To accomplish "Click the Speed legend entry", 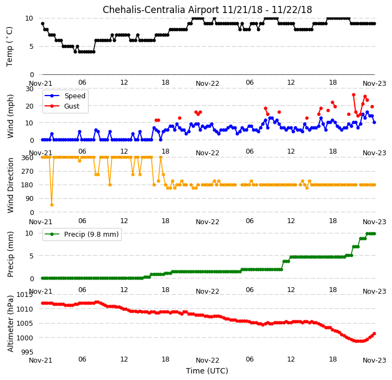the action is (65, 96).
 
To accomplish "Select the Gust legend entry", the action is (62, 106).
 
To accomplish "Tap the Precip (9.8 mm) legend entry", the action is (82, 234).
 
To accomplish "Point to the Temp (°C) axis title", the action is (9, 47).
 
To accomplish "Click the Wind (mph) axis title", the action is (10, 116).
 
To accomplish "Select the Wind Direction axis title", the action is (10, 185).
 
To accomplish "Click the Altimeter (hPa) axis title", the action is (10, 324).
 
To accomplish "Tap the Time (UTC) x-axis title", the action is (207, 371).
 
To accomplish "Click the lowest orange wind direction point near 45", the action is (52, 205).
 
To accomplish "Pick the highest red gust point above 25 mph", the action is (353, 95).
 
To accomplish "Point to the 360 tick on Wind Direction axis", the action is (28, 158).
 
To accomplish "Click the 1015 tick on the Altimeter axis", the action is (24, 295).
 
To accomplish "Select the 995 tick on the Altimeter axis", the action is (27, 352).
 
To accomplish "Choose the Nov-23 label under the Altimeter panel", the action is (374, 360).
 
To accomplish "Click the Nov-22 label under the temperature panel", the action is (207, 84).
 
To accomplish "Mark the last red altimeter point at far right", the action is (374, 333).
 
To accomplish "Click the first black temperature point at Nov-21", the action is (42, 24).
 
